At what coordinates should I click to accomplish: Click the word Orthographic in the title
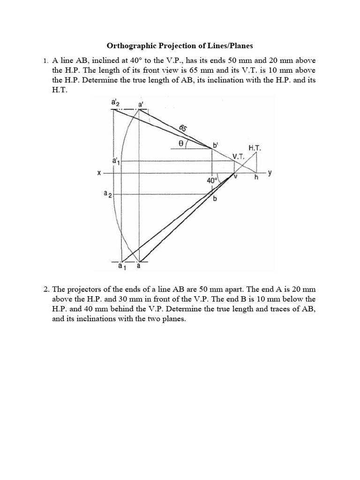[129, 46]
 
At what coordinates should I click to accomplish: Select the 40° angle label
[212, 180]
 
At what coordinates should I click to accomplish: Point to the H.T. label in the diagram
[255, 148]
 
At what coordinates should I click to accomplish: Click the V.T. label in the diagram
[239, 157]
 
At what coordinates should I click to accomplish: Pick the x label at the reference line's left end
[99, 173]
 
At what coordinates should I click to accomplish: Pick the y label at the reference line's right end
[270, 172]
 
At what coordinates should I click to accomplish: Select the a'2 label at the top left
[115, 102]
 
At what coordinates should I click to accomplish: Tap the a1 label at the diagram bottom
[121, 267]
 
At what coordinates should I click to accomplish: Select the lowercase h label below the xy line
[256, 178]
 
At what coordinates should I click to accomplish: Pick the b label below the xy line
[215, 199]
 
